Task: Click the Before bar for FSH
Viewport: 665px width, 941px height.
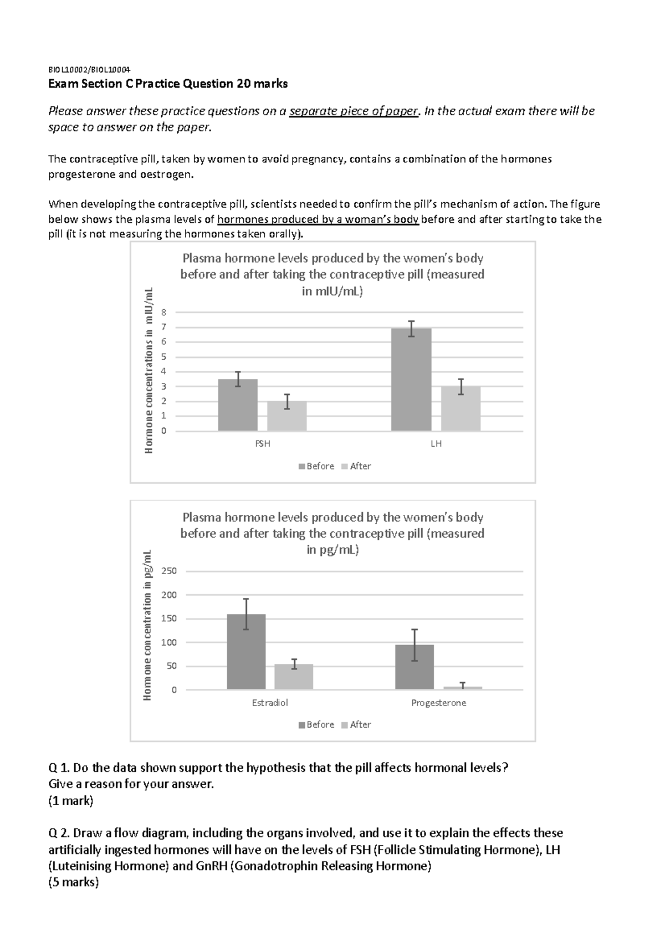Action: (238, 405)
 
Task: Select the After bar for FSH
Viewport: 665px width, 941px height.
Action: (287, 416)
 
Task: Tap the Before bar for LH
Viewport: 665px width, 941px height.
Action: (411, 380)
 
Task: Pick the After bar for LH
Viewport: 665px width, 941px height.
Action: (461, 409)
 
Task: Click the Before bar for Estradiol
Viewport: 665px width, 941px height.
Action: (246, 652)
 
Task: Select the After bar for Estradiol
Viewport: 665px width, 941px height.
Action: (294, 677)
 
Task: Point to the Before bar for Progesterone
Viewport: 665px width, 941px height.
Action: (415, 667)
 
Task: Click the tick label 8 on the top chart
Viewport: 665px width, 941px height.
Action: (163, 313)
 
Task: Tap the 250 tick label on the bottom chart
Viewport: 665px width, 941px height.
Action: (168, 571)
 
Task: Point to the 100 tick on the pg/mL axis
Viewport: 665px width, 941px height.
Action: (168, 643)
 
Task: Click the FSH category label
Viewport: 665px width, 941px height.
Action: (263, 444)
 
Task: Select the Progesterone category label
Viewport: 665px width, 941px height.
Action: (438, 703)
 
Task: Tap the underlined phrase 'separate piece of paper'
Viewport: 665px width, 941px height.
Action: (354, 111)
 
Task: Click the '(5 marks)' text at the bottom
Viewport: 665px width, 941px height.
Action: (73, 882)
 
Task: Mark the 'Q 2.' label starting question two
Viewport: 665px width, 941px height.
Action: (59, 833)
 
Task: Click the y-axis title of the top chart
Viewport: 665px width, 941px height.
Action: (149, 371)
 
